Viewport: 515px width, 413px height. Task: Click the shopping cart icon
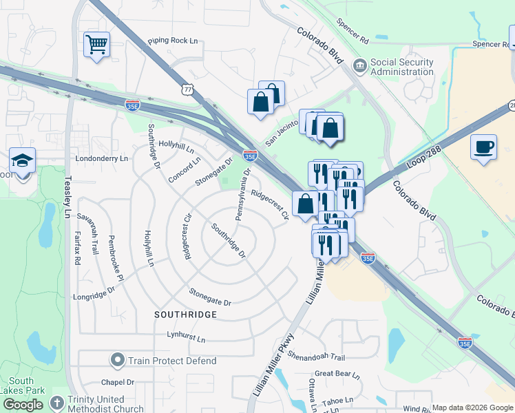(x=96, y=45)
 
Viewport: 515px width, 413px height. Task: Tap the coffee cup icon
(x=483, y=147)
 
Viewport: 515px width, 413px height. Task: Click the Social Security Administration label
(x=402, y=67)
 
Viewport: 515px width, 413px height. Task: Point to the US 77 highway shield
(x=187, y=89)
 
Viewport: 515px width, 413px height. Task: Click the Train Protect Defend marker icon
(x=118, y=360)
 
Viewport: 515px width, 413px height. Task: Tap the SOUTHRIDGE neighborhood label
(x=186, y=314)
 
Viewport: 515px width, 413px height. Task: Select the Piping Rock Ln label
(x=172, y=41)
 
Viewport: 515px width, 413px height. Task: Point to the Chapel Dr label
(x=117, y=383)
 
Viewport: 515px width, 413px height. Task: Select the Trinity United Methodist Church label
(x=105, y=404)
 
